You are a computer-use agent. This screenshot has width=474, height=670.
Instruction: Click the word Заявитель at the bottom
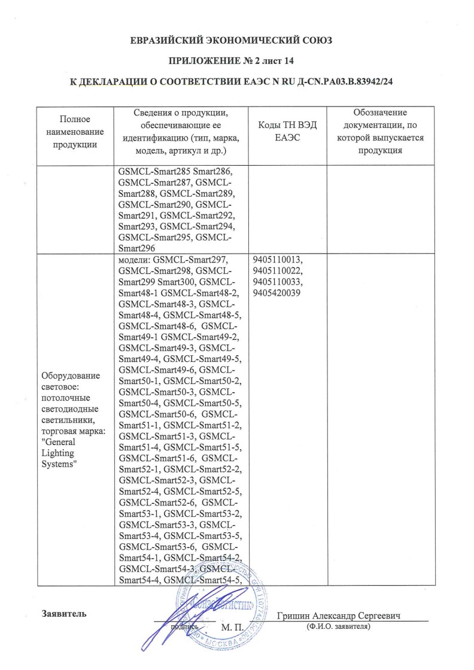65,614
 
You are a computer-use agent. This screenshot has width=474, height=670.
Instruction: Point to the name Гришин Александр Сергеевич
338,616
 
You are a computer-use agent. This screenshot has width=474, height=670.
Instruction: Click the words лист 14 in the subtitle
278,61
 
